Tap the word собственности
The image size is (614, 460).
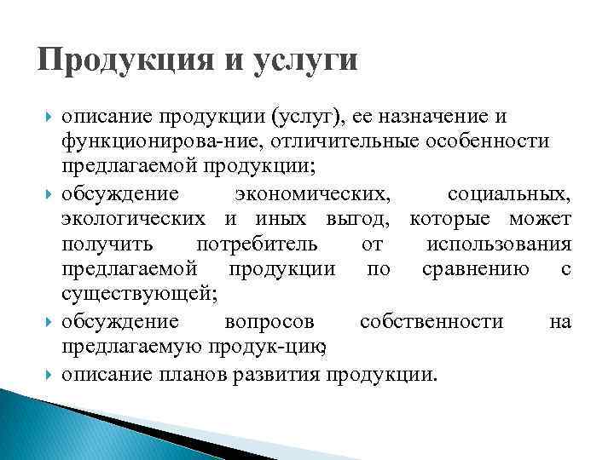[x=432, y=322]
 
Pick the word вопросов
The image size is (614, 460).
[x=269, y=322]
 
